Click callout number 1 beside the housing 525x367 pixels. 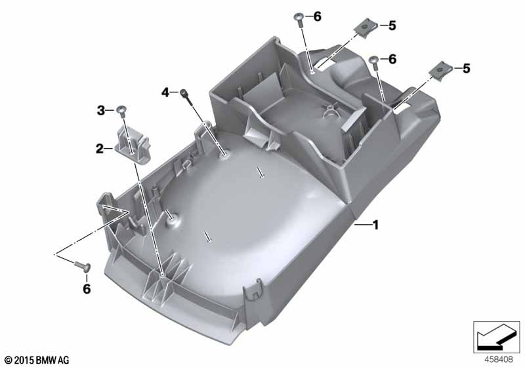(x=375, y=225)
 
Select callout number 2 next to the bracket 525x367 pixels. (x=100, y=149)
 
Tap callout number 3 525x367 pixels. (x=101, y=110)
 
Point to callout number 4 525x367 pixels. (x=165, y=92)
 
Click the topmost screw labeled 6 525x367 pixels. (x=299, y=20)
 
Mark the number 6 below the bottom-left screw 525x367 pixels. (x=87, y=289)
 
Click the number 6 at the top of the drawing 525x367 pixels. (x=318, y=16)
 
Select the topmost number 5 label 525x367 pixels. (x=392, y=26)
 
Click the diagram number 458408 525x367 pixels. (x=499, y=360)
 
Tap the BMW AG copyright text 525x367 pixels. (x=37, y=360)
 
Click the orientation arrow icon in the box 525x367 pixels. (x=496, y=338)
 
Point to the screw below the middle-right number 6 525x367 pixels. (x=374, y=62)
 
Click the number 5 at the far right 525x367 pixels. (x=467, y=68)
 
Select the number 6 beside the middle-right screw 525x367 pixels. (x=392, y=59)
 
